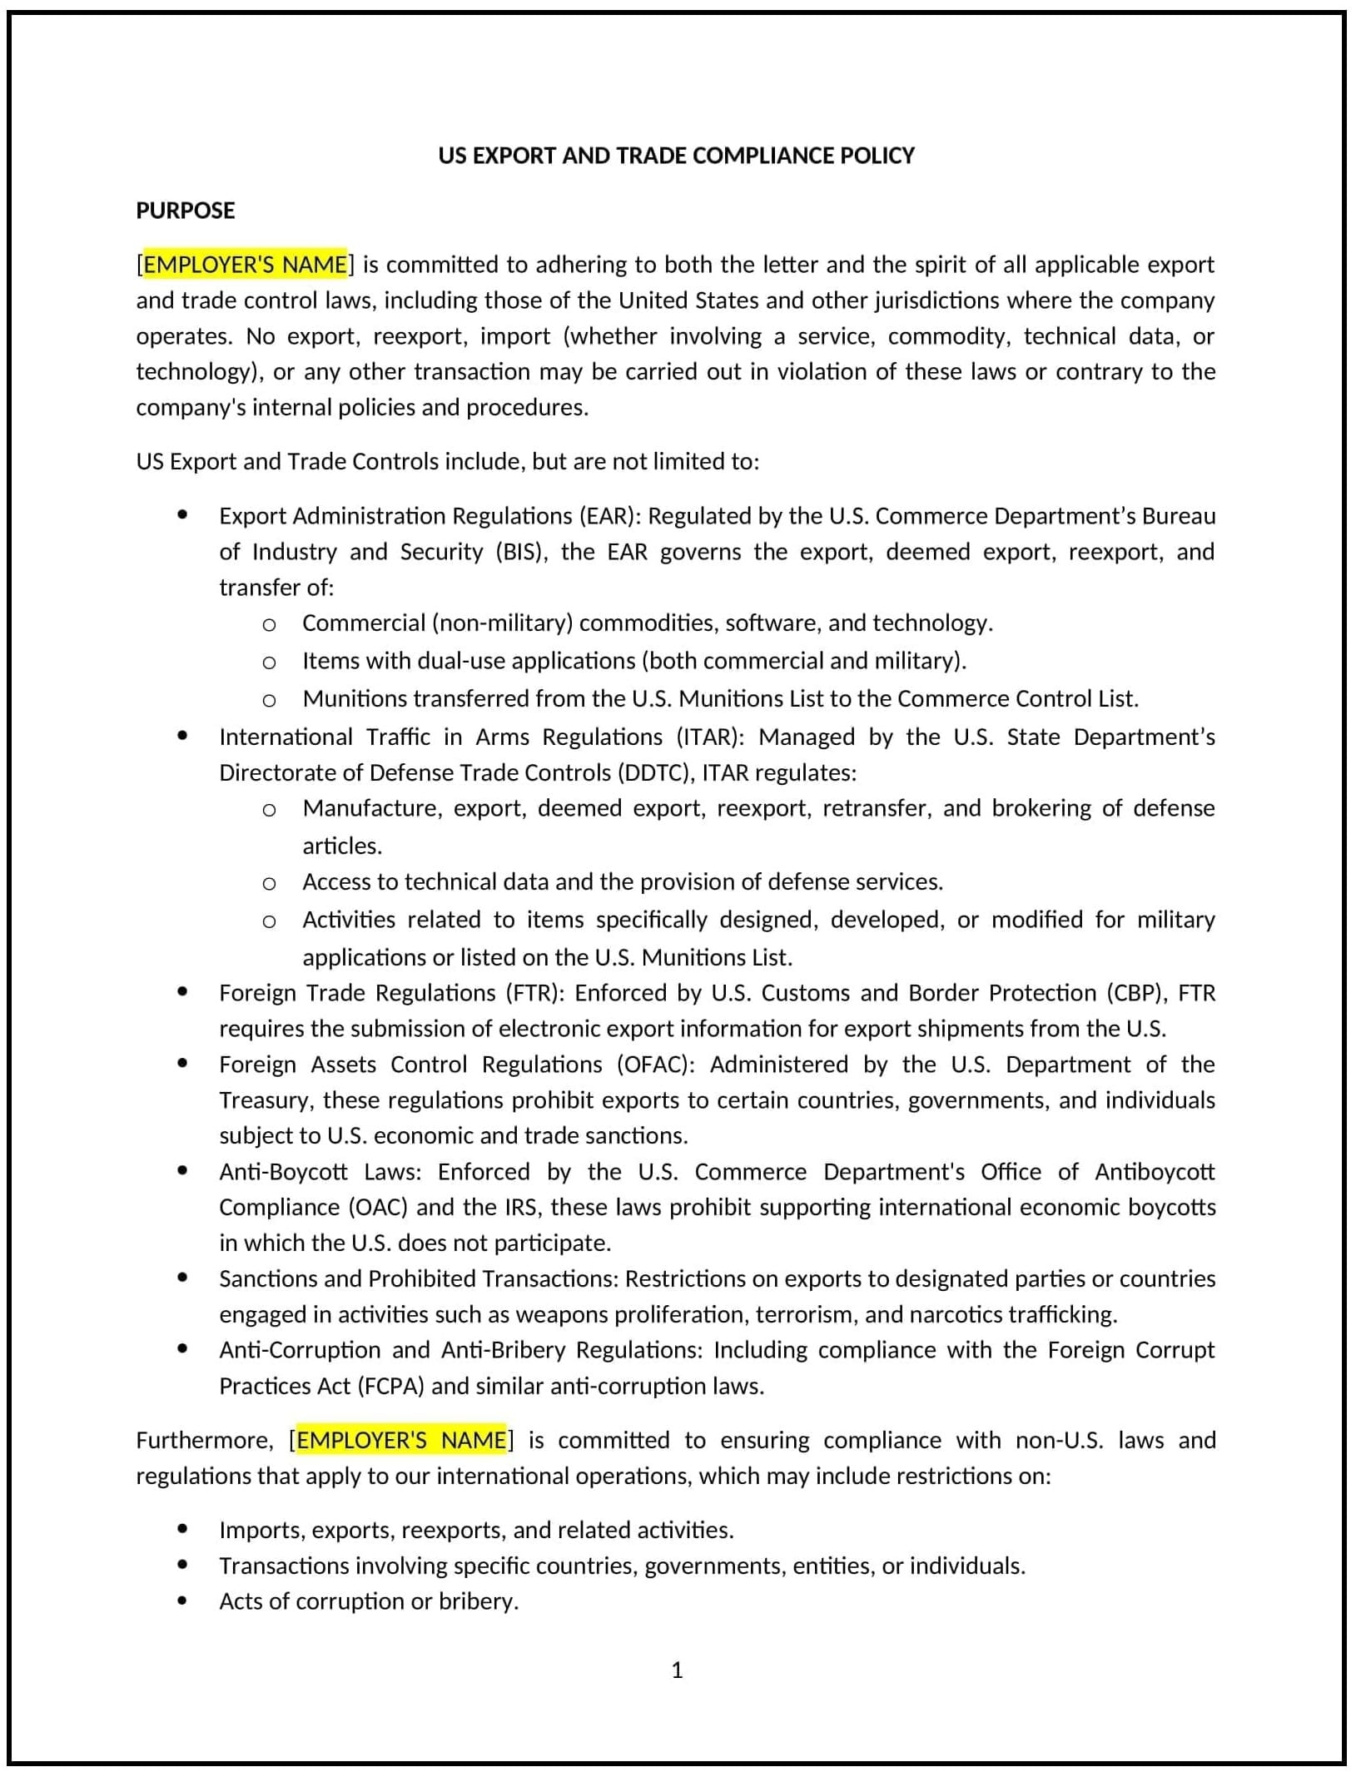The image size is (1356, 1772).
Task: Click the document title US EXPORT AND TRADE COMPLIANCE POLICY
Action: tap(676, 156)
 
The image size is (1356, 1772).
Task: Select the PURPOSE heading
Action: tap(185, 211)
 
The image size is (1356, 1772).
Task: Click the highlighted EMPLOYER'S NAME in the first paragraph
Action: tap(245, 265)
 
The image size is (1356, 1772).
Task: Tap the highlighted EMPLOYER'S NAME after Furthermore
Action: tap(401, 1441)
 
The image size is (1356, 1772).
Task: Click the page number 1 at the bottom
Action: tap(677, 1670)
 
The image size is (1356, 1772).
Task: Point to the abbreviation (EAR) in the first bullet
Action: tap(609, 516)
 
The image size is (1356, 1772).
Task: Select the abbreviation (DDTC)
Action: tap(656, 773)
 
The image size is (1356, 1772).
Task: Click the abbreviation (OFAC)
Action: tap(655, 1065)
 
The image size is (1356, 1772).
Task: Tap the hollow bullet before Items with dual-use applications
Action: tap(269, 663)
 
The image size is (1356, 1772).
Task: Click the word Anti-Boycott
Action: tap(283, 1172)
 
